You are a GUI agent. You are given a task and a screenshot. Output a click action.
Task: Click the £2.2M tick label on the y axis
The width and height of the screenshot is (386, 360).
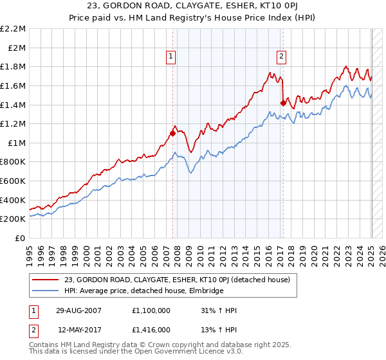[13, 29]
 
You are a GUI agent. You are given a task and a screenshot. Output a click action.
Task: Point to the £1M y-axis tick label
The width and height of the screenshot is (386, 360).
[15, 143]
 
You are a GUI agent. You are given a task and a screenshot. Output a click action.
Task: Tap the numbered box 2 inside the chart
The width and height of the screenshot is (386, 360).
[282, 56]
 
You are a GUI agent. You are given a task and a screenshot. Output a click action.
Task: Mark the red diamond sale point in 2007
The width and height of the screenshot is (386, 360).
[172, 134]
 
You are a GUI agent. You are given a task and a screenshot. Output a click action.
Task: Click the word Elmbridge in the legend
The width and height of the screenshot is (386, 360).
[205, 291]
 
